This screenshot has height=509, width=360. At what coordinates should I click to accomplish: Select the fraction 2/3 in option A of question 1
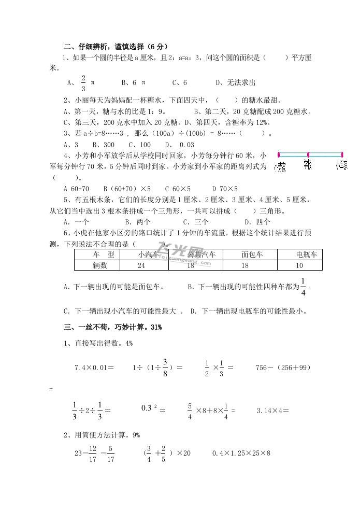(83, 82)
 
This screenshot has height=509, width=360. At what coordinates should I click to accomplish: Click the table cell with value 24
(141, 265)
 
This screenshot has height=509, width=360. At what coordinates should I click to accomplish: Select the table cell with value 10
(299, 265)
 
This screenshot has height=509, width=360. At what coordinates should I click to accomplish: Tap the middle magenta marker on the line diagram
(308, 154)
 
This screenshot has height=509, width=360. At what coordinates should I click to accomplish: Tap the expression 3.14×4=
(272, 411)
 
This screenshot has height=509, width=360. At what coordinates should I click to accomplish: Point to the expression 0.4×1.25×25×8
(241, 453)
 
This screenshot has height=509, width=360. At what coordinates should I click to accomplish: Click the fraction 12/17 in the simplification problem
(93, 454)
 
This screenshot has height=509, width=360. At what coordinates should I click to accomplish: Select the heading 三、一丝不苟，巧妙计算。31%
(113, 327)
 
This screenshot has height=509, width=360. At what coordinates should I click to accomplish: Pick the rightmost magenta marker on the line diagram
(341, 154)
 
